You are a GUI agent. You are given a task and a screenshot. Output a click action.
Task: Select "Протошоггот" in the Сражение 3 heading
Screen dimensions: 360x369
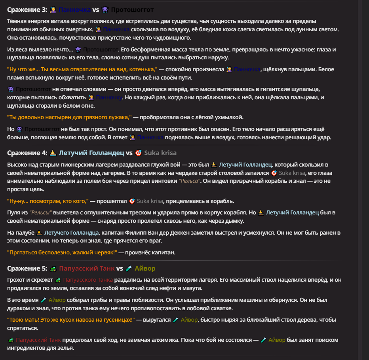click(x=132, y=9)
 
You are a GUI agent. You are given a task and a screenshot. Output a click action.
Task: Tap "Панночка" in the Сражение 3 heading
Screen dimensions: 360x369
click(x=74, y=9)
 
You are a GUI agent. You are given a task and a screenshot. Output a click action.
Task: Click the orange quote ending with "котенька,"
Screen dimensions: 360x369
click(x=82, y=69)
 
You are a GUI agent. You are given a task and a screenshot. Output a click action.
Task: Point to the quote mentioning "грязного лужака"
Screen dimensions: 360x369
click(x=69, y=117)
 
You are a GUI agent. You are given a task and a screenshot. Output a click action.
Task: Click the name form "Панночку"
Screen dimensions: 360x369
click(x=109, y=97)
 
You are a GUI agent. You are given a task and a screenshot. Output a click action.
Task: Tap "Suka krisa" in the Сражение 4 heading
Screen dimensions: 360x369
click(x=160, y=153)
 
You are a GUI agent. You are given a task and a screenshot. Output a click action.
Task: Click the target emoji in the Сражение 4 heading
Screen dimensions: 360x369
click(x=138, y=153)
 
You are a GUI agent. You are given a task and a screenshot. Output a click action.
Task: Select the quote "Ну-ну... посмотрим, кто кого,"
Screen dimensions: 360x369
click(x=48, y=201)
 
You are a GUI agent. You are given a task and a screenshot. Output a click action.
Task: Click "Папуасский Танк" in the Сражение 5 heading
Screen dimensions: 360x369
click(x=87, y=269)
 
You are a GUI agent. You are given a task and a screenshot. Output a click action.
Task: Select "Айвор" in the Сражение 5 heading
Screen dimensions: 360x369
click(x=145, y=269)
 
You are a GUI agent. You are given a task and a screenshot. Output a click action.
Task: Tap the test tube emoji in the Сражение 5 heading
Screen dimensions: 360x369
click(x=129, y=269)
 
